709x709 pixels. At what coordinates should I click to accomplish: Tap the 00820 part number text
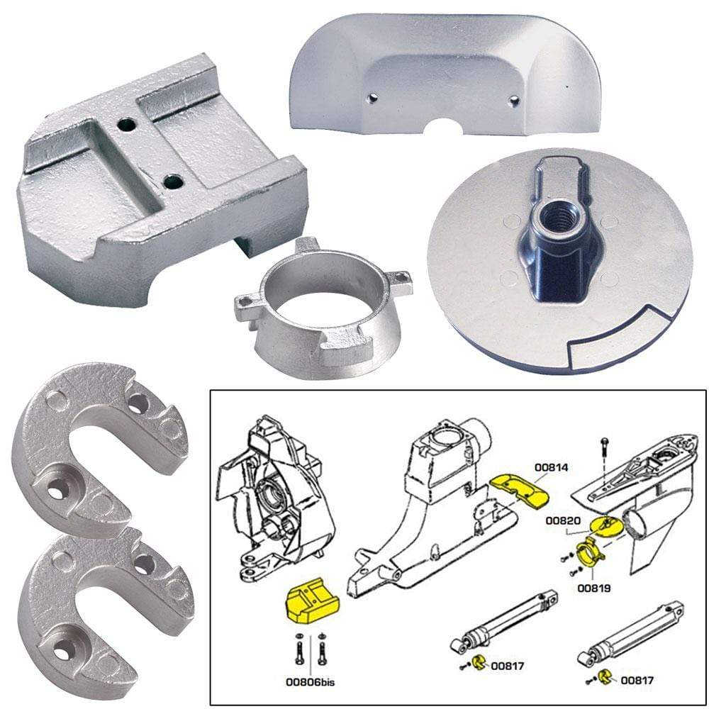tap(560, 520)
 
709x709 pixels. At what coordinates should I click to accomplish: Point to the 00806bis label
tap(311, 683)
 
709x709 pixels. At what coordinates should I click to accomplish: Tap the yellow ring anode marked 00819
tap(590, 551)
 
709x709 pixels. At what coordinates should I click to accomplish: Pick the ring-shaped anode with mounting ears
tap(323, 305)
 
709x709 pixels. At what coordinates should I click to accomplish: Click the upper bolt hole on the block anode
tap(127, 125)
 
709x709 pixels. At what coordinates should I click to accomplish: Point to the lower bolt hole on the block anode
tap(173, 182)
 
